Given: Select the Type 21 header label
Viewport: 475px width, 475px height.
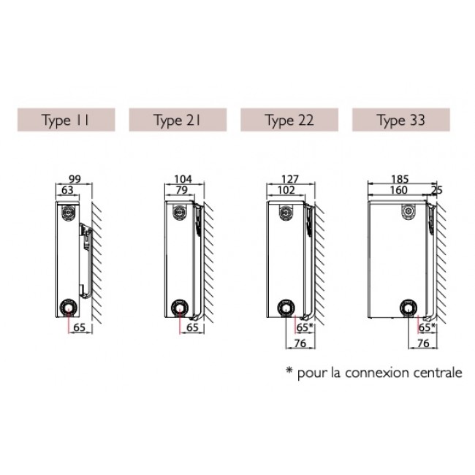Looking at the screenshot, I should pyautogui.click(x=178, y=121).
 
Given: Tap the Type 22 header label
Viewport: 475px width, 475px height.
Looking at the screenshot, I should pyautogui.click(x=290, y=121).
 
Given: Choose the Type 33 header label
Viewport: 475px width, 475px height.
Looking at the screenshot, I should pyautogui.click(x=401, y=121).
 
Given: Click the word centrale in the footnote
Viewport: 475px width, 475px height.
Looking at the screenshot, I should pyautogui.click(x=436, y=373).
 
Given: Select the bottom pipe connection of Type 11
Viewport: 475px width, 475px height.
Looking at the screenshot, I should pyautogui.click(x=69, y=306).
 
